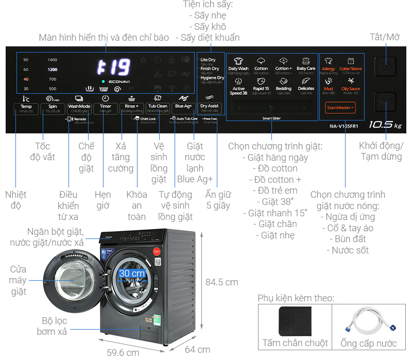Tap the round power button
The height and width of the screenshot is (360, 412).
pyautogui.click(x=385, y=67)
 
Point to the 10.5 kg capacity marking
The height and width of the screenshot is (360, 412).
pyautogui.click(x=385, y=125)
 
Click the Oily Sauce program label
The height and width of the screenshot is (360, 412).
pyautogui.click(x=351, y=89)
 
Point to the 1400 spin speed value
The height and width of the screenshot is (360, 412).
pyautogui.click(x=53, y=60)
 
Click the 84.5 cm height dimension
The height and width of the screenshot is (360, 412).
pyautogui.click(x=221, y=282)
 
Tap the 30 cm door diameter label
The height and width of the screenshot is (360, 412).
pyautogui.click(x=132, y=273)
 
